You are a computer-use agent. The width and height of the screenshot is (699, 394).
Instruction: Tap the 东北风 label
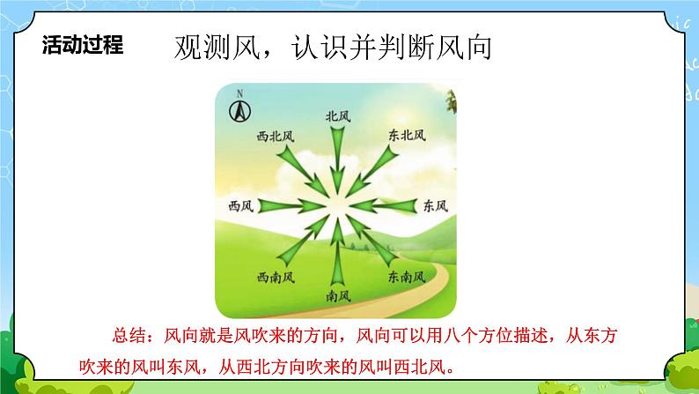(x=406, y=136)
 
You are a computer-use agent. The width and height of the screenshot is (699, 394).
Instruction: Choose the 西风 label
(x=240, y=205)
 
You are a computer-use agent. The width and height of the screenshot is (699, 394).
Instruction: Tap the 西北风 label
(x=275, y=137)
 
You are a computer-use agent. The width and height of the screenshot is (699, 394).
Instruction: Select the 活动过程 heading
(x=83, y=46)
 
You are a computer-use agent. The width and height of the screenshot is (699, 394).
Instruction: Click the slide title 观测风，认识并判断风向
(x=332, y=48)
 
